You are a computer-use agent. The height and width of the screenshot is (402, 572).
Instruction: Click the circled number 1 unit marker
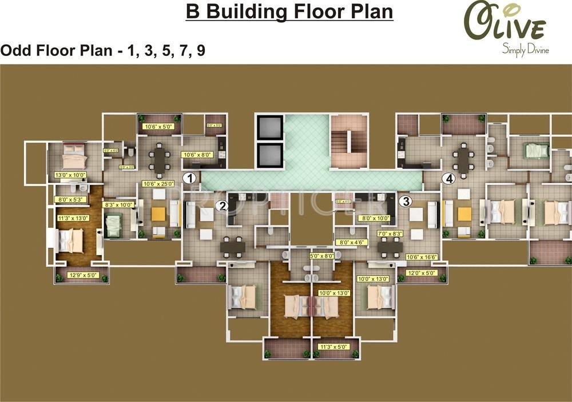click(x=189, y=178)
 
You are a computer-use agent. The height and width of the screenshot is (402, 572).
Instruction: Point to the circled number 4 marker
click(x=450, y=179)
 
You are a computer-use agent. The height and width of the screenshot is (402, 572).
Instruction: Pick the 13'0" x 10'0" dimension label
click(x=69, y=175)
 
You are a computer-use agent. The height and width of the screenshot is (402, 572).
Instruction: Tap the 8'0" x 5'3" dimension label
click(x=69, y=200)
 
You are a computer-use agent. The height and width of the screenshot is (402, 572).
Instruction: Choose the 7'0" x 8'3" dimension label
click(x=390, y=234)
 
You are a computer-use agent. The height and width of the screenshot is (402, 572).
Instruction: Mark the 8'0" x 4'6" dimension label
click(x=351, y=242)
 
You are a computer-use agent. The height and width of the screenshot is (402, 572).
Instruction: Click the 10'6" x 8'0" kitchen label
click(x=196, y=154)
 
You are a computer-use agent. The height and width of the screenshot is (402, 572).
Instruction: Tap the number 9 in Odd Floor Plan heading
click(x=200, y=50)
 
